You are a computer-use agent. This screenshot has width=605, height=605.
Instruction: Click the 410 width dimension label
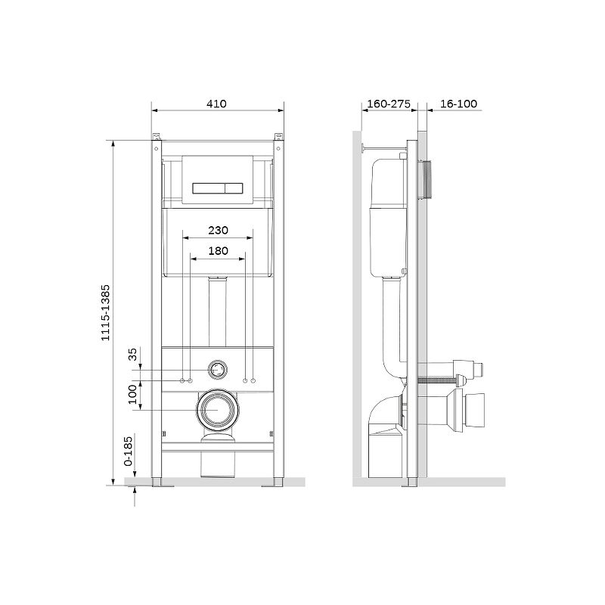click(216, 104)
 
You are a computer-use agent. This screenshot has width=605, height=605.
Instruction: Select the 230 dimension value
click(218, 231)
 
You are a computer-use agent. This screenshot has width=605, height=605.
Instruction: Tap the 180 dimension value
click(218, 251)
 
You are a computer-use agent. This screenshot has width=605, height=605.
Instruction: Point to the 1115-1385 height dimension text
click(105, 312)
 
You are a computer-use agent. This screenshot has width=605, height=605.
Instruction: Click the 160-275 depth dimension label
click(389, 104)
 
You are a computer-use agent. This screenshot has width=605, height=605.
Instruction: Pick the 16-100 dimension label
click(459, 104)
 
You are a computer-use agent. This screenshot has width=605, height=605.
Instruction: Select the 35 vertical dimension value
click(132, 354)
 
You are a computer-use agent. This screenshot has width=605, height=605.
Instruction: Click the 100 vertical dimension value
click(132, 394)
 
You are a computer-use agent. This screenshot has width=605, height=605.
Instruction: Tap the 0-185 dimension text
click(128, 451)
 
